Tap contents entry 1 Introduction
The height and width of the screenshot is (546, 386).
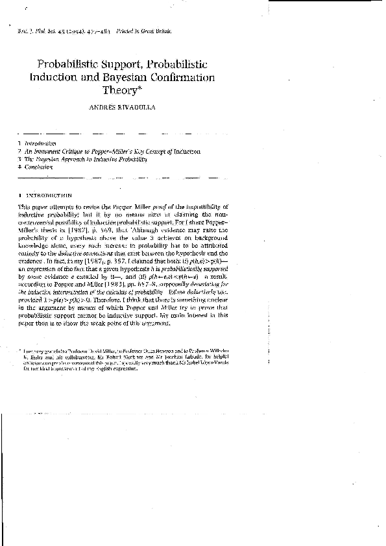(38, 143)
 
